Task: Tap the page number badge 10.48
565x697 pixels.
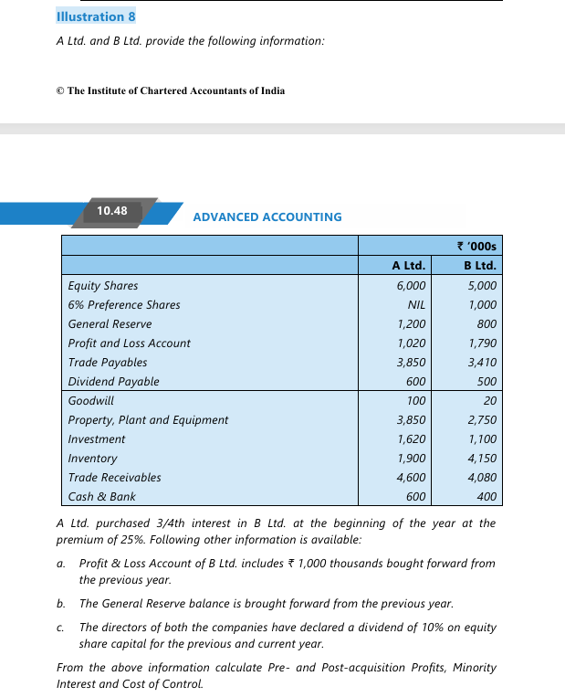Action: (x=112, y=211)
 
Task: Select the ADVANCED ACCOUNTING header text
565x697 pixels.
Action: (x=267, y=217)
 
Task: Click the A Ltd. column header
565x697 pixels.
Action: (x=408, y=266)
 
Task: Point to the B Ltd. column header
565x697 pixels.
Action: (x=479, y=266)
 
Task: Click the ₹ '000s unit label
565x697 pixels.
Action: (x=476, y=246)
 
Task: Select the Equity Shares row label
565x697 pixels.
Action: (x=103, y=286)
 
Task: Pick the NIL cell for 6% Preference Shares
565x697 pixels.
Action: (x=417, y=305)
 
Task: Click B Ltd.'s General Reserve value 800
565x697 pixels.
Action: (x=487, y=324)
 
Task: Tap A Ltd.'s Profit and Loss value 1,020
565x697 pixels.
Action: (x=411, y=343)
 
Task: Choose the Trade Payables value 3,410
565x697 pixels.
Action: (x=482, y=363)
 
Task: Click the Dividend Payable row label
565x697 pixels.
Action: (x=113, y=382)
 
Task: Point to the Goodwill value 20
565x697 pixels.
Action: (x=490, y=401)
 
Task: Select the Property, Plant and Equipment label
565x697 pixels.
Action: (x=148, y=420)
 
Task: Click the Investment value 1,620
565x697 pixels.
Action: (x=411, y=439)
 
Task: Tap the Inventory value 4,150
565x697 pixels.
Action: (x=482, y=459)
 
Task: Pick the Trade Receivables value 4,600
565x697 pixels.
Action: (x=411, y=478)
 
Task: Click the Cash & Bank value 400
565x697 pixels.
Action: (x=487, y=497)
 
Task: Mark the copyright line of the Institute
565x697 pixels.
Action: (x=171, y=90)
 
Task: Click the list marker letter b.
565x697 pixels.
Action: (x=60, y=604)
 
